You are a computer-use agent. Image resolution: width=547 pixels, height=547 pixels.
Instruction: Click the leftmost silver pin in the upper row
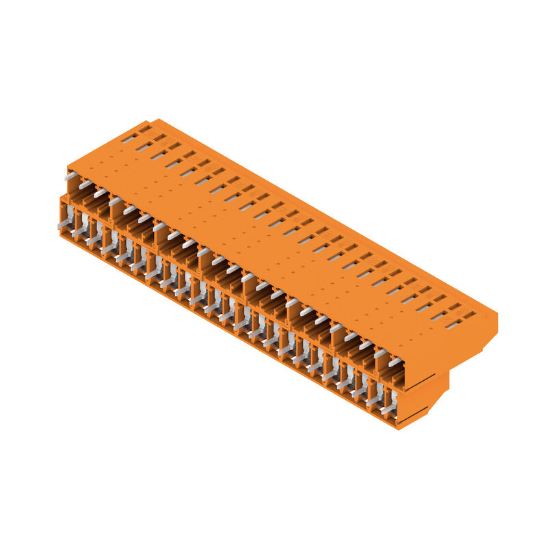click(x=70, y=176)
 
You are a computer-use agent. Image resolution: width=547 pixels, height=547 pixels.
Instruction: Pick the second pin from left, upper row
click(x=85, y=185)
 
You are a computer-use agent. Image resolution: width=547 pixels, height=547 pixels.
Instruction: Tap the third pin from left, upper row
click(x=101, y=194)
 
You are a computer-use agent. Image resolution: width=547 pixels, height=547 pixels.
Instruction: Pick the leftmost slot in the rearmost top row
click(x=145, y=129)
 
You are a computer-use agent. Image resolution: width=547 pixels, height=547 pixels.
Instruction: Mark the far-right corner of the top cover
click(x=497, y=317)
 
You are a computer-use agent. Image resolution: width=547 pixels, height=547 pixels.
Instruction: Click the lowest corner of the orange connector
click(x=398, y=429)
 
